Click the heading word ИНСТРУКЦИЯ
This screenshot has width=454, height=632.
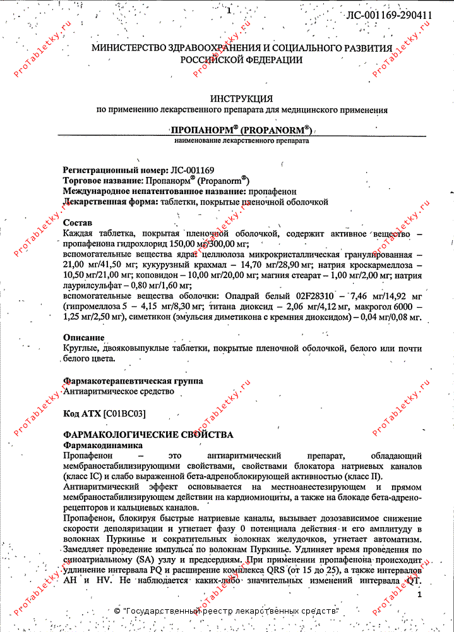click(x=242, y=99)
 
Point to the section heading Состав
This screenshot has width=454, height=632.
click(x=78, y=223)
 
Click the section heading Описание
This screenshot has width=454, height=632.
click(x=84, y=337)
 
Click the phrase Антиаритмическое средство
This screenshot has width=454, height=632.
click(x=119, y=391)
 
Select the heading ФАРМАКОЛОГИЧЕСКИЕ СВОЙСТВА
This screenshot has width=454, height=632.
click(x=148, y=435)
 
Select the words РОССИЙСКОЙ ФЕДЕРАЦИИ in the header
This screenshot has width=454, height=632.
click(x=241, y=60)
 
